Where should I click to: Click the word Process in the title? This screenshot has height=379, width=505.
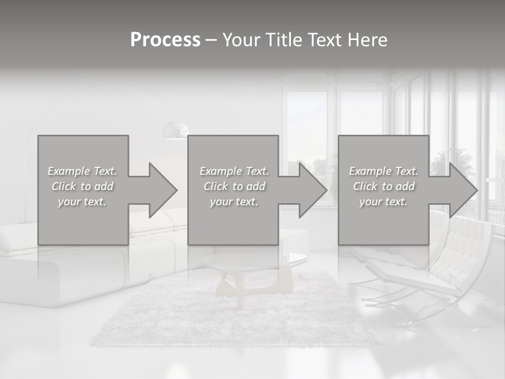tap(165, 40)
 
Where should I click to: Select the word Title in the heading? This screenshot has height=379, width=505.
tap(284, 40)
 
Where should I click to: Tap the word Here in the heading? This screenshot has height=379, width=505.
tap(368, 40)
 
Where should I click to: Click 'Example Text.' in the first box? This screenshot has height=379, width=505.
tap(82, 171)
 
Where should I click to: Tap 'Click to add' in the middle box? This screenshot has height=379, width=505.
tap(234, 186)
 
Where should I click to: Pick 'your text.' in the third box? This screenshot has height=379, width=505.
tap(383, 202)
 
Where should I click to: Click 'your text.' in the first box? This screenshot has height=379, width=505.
tap(82, 202)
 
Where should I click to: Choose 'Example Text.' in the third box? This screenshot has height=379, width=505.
tap(383, 171)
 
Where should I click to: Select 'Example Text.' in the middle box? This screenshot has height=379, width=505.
tap(234, 171)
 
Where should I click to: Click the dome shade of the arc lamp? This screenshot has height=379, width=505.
tap(176, 129)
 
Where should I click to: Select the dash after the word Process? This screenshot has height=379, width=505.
tap(211, 40)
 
